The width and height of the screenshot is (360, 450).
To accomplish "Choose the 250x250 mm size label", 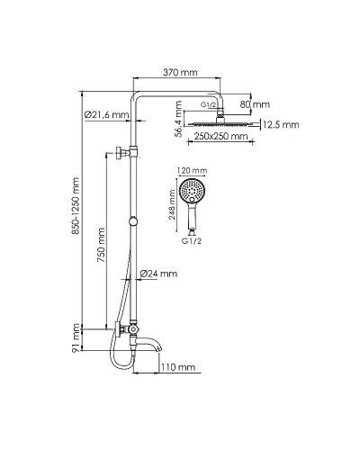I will (x=219, y=138).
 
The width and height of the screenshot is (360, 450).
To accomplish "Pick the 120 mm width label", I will (x=192, y=170).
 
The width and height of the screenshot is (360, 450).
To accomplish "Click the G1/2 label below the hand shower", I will (x=192, y=243).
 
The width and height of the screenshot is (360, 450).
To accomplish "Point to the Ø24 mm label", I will (x=160, y=273).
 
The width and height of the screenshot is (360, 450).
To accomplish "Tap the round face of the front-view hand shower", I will (x=192, y=191).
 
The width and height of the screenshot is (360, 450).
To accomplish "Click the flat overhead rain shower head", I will (x=219, y=126).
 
